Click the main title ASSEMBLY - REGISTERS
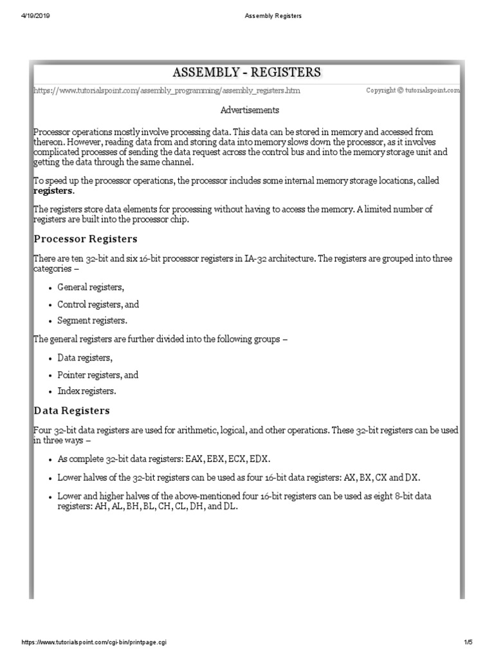[247, 71]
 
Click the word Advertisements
[250, 110]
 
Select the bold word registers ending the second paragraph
[53, 191]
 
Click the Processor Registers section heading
[85, 239]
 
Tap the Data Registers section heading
[71, 410]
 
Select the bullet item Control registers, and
[98, 304]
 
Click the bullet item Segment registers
[93, 320]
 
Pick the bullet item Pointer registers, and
[98, 375]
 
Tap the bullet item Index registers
[87, 391]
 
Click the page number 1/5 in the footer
[468, 642]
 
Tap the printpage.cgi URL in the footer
[96, 642]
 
